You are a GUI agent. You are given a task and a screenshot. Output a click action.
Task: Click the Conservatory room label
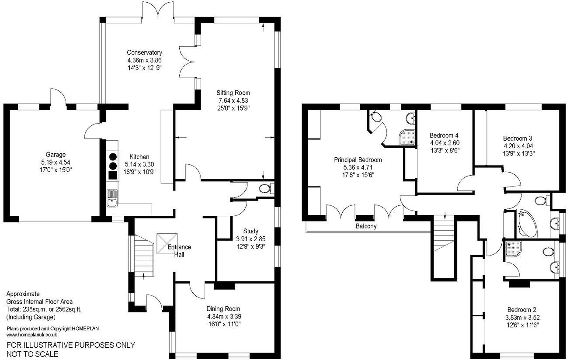[145, 52]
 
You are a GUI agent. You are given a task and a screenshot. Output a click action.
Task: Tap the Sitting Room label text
[233, 93]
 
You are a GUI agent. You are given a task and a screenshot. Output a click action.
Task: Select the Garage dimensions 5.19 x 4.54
[56, 162]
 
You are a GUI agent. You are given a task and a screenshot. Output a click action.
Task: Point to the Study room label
[251, 231]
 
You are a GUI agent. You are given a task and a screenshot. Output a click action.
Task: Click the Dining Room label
[224, 309]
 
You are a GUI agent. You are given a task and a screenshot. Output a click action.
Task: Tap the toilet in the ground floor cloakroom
[265, 188]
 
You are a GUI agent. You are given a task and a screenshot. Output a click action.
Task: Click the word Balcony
[366, 226]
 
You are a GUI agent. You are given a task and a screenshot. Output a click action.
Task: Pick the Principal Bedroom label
[358, 159]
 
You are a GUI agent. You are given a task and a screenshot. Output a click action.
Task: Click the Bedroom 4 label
[444, 135]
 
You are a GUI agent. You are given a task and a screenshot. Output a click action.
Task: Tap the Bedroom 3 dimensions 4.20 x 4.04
[518, 146]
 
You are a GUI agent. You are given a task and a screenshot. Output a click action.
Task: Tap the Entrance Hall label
[179, 250]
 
